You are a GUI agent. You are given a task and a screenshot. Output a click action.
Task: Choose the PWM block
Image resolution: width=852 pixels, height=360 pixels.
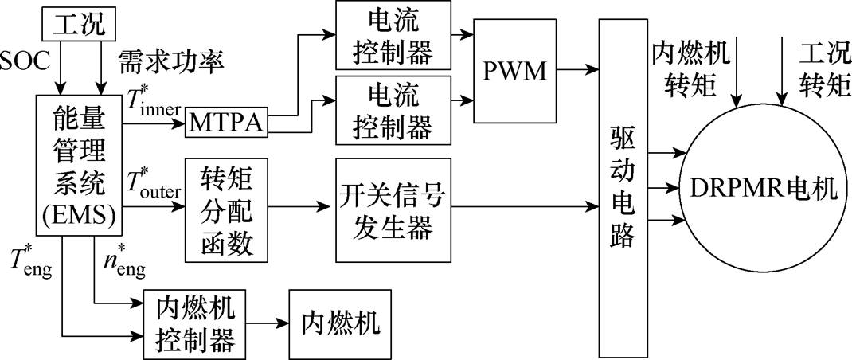[515, 72]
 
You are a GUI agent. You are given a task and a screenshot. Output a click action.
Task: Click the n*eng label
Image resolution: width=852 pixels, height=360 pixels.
[124, 263]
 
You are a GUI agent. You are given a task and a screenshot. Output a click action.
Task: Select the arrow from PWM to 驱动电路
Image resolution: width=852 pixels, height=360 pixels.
[574, 71]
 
